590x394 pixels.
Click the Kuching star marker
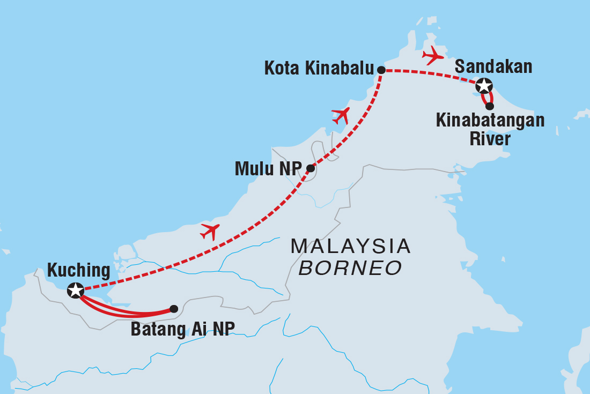[x=75, y=291]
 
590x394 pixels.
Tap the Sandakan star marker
[x=483, y=85]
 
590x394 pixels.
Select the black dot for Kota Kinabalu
[x=381, y=70]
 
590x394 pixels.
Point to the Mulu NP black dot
[x=310, y=168]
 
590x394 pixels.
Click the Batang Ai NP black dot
[x=174, y=309]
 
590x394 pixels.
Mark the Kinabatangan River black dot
[x=490, y=106]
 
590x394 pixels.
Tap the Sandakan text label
[x=493, y=66]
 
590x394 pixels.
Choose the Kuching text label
[x=78, y=270]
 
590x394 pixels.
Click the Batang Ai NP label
[x=183, y=329]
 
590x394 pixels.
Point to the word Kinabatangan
[x=490, y=121]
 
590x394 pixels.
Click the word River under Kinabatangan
[x=490, y=139]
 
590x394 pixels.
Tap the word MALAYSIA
[x=350, y=247]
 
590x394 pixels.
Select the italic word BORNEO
[x=350, y=268]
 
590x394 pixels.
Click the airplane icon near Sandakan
[x=433, y=55]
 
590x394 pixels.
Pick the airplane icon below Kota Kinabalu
[x=341, y=115]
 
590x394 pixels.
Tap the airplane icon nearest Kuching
[x=210, y=232]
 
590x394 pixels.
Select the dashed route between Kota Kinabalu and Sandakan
[x=429, y=73]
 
